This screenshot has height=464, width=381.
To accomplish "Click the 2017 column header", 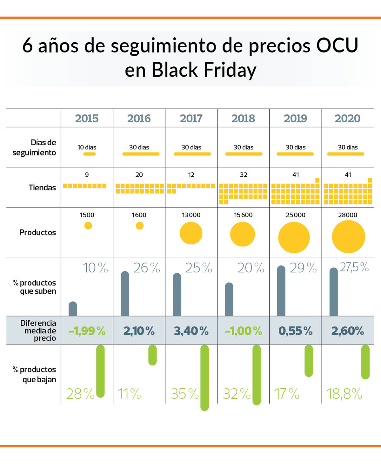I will (x=191, y=119).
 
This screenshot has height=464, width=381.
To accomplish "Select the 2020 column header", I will (x=347, y=119).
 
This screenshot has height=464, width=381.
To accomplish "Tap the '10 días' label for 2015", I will (x=87, y=147).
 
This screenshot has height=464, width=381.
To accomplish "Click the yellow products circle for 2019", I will (x=294, y=237).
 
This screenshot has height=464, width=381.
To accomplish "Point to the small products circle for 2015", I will (x=88, y=226).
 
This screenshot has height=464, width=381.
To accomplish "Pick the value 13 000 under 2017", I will (x=191, y=215).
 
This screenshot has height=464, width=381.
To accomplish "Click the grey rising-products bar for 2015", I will (x=73, y=309).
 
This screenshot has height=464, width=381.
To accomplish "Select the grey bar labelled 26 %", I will (x=125, y=294).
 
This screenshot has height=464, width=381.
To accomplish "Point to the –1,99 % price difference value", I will (x=87, y=331).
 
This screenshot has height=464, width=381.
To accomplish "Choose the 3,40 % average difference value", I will (x=191, y=331).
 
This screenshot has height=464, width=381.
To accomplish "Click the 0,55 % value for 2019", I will (x=295, y=331).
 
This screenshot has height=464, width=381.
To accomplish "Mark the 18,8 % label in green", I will (x=344, y=394).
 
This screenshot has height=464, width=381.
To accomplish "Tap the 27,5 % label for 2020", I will (x=354, y=267).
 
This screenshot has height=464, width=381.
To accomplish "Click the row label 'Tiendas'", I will (x=42, y=188).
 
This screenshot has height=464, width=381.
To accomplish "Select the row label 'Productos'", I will (x=37, y=233).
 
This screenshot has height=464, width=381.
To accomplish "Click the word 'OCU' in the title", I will (x=337, y=45).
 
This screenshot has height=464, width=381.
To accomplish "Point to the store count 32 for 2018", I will (x=243, y=175).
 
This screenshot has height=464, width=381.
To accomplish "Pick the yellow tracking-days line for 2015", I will (x=89, y=154).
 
